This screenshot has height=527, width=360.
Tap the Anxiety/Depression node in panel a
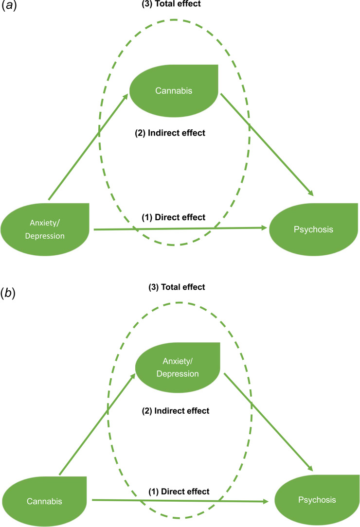(45, 229)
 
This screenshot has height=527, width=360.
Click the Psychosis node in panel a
(314, 229)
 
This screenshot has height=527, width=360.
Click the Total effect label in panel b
(177, 287)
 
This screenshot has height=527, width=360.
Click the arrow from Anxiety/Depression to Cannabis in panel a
(88, 147)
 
